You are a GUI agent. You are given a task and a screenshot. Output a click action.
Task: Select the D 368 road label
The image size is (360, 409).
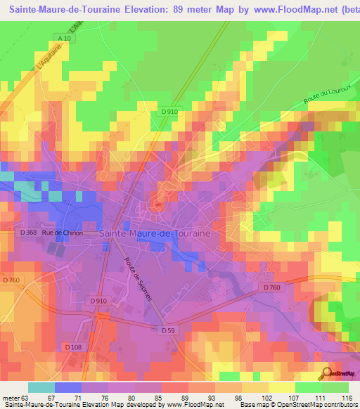[x=28, y=233]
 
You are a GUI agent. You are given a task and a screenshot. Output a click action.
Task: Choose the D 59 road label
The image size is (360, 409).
[x=168, y=330]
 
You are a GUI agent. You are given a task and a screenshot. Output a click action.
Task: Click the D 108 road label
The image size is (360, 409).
[x=73, y=346]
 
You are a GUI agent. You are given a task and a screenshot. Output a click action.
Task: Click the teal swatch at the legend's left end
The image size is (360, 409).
[x=41, y=387]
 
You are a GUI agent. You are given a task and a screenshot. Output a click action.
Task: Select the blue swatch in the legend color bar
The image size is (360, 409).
[x=68, y=387]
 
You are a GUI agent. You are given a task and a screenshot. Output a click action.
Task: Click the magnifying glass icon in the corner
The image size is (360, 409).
[x=326, y=372]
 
